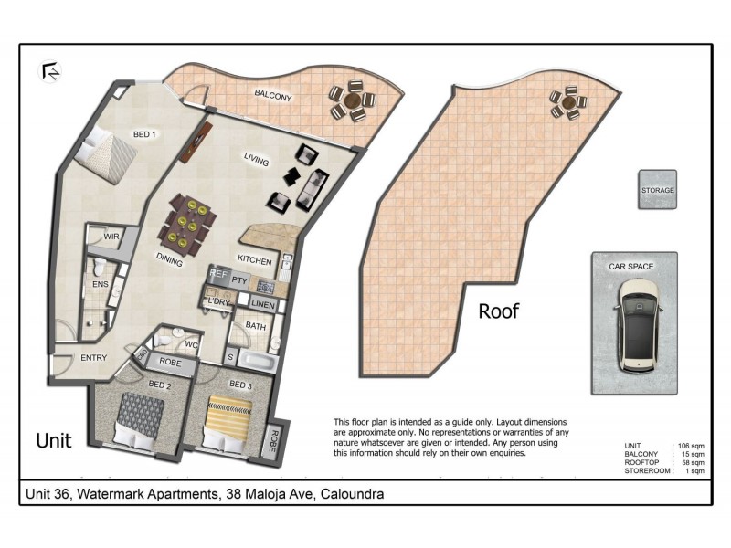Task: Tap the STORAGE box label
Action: pyautogui.click(x=657, y=190)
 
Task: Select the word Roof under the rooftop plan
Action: pyautogui.click(x=499, y=311)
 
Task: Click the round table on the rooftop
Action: pyautogui.click(x=568, y=102)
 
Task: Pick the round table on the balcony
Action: pyautogui.click(x=351, y=100)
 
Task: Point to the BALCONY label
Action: pyautogui.click(x=273, y=93)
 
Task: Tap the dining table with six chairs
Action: pyautogui.click(x=189, y=224)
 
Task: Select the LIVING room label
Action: pyautogui.click(x=256, y=160)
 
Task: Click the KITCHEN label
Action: pyautogui.click(x=255, y=261)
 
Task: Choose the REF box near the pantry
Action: pyautogui.click(x=217, y=273)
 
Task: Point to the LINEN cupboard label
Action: pyautogui.click(x=262, y=304)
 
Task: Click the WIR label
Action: pyautogui.click(x=111, y=237)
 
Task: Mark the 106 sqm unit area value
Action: pyautogui.click(x=689, y=444)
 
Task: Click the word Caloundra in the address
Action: pyautogui.click(x=347, y=494)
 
